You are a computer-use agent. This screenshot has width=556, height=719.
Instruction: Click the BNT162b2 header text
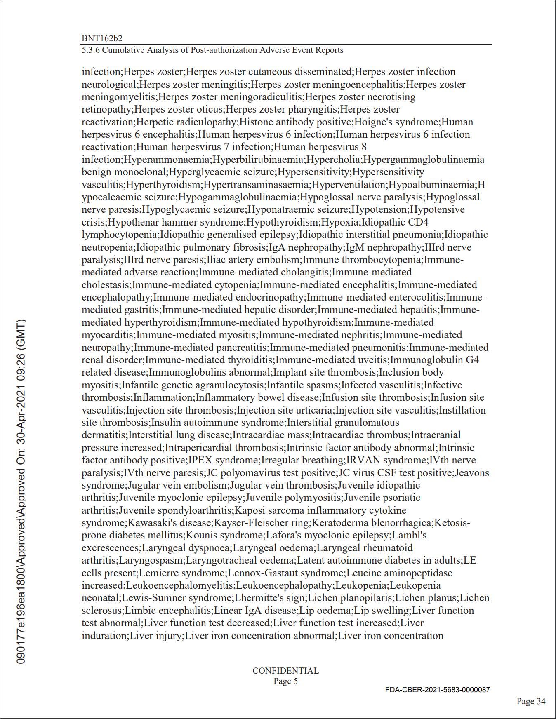(102, 38)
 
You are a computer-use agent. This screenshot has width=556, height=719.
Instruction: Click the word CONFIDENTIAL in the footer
(285, 671)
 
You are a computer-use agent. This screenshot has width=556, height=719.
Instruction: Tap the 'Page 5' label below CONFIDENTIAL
(285, 681)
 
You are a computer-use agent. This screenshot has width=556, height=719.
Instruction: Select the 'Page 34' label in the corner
(531, 701)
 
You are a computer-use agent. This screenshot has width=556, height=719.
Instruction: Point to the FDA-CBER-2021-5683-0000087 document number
(438, 689)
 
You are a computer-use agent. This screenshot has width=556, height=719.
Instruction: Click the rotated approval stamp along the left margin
(22, 491)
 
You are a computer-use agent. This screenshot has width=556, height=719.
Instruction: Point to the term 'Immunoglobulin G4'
(435, 360)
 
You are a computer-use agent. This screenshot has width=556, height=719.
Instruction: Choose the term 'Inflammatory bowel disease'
(258, 397)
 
